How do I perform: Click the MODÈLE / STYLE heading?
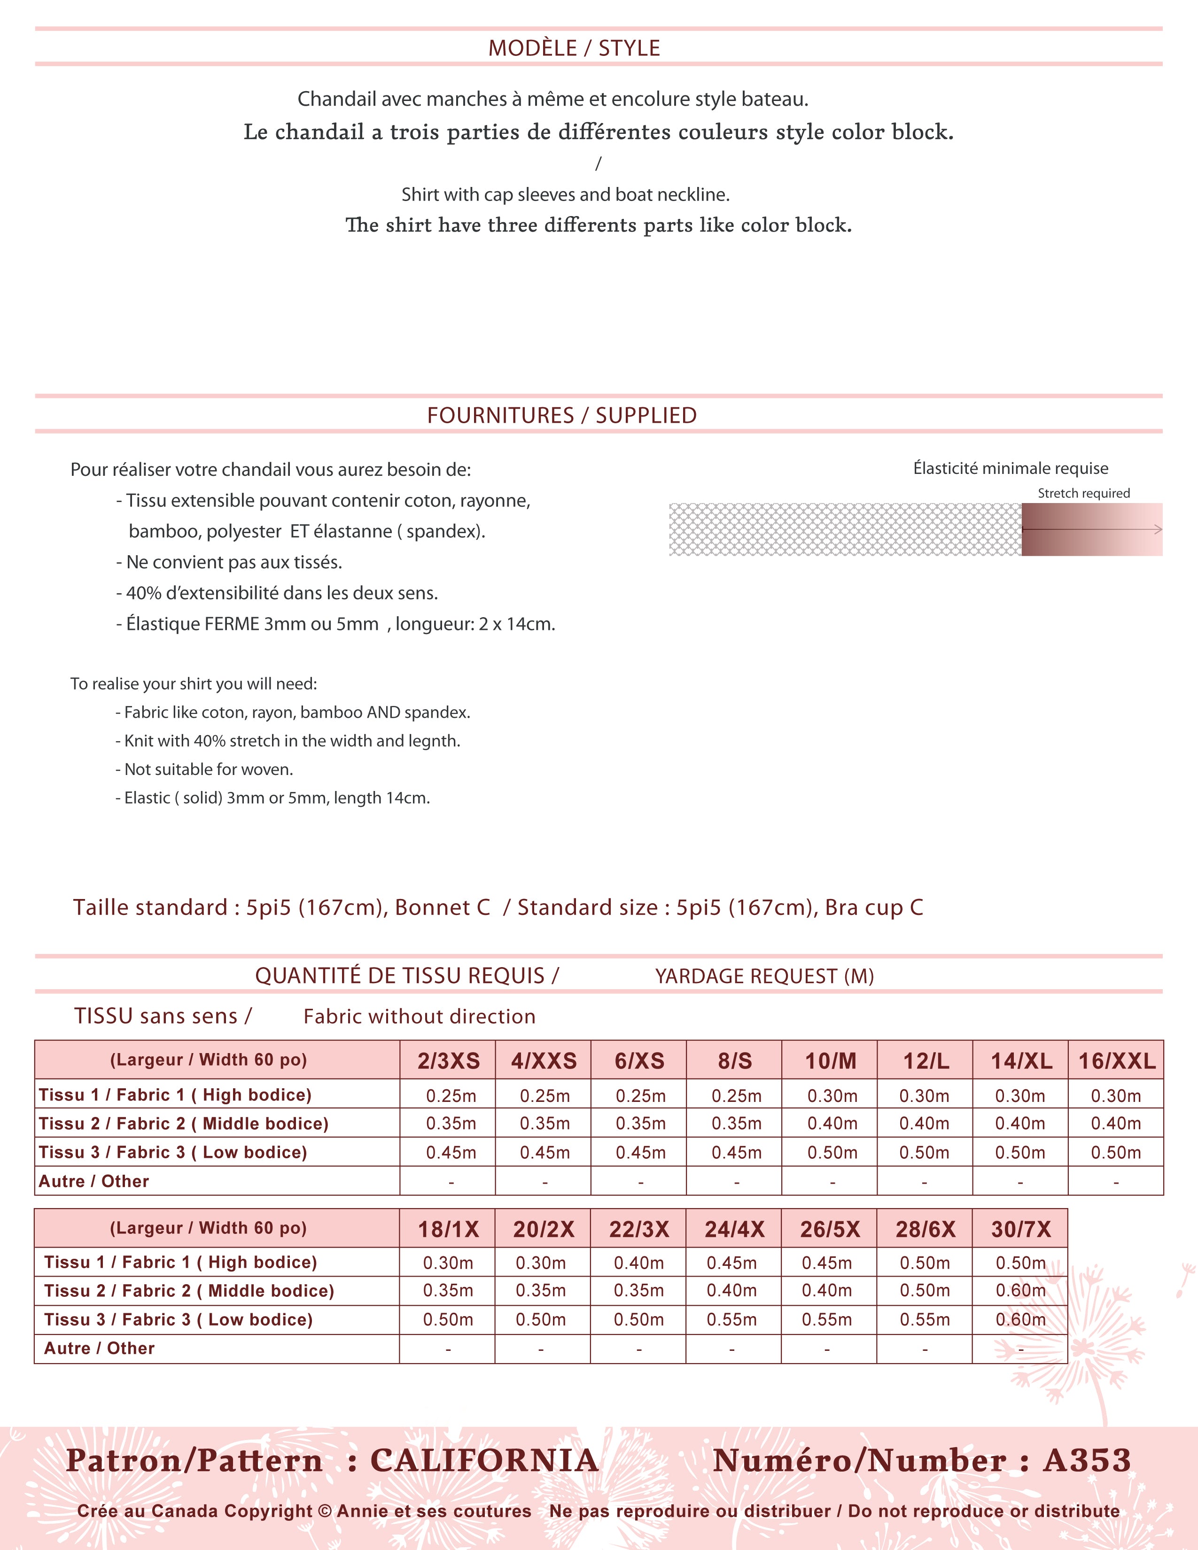[574, 48]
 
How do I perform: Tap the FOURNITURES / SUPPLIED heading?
[561, 415]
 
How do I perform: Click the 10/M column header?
[830, 1061]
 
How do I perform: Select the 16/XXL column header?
[1116, 1061]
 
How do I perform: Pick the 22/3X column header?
[639, 1229]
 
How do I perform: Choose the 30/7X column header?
[1020, 1229]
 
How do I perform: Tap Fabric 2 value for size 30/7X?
[1020, 1290]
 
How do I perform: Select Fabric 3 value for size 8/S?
[736, 1153]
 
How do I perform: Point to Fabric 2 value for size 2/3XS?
[451, 1124]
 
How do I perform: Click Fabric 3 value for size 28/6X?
[925, 1319]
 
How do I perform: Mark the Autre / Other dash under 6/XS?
[640, 1182]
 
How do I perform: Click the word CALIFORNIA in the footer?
[485, 1461]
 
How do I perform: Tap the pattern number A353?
[1087, 1461]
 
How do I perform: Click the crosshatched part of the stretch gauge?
[845, 529]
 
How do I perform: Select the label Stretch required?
[1083, 493]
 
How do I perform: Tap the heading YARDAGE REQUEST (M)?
[764, 976]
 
